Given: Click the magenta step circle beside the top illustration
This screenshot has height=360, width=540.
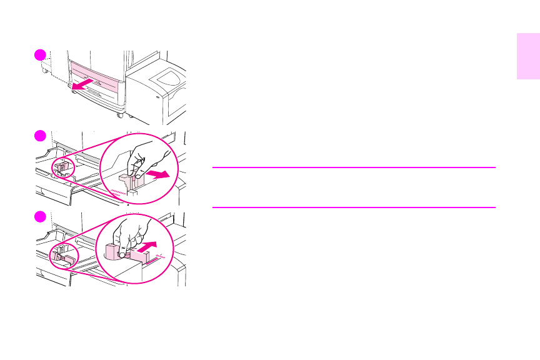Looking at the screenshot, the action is click(x=40, y=54).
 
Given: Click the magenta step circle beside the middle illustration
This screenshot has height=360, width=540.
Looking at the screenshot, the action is click(x=40, y=136).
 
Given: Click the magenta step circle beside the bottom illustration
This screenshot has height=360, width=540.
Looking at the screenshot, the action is click(x=40, y=216).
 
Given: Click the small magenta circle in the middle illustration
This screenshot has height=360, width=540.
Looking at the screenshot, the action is click(x=62, y=168).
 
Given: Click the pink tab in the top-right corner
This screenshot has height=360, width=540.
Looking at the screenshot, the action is click(x=528, y=57).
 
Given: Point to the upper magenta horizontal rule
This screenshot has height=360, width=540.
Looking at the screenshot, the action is click(x=354, y=167).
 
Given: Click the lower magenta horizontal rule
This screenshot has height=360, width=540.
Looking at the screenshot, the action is click(x=354, y=207).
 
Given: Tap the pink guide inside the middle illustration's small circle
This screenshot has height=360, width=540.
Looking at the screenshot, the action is click(x=62, y=167).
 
